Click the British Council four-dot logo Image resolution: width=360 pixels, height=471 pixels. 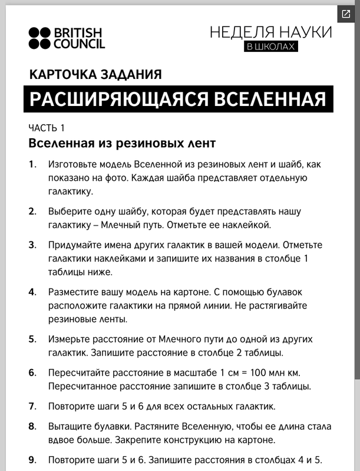point(40,38)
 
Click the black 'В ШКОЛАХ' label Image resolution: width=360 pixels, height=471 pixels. point(270,46)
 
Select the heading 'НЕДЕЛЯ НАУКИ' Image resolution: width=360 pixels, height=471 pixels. point(270,32)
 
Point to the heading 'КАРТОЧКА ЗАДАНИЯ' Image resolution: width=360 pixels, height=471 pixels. point(95,75)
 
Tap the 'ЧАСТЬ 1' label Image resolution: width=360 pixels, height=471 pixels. point(47,128)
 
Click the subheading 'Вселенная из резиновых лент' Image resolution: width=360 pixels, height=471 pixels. point(122,143)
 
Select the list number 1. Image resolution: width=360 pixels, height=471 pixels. point(32,164)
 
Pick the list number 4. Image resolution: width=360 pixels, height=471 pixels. point(32,292)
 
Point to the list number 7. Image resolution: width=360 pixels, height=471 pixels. point(32,407)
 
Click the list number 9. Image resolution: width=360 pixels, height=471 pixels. point(32,460)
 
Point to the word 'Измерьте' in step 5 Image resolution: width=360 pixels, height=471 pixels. point(70,340)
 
